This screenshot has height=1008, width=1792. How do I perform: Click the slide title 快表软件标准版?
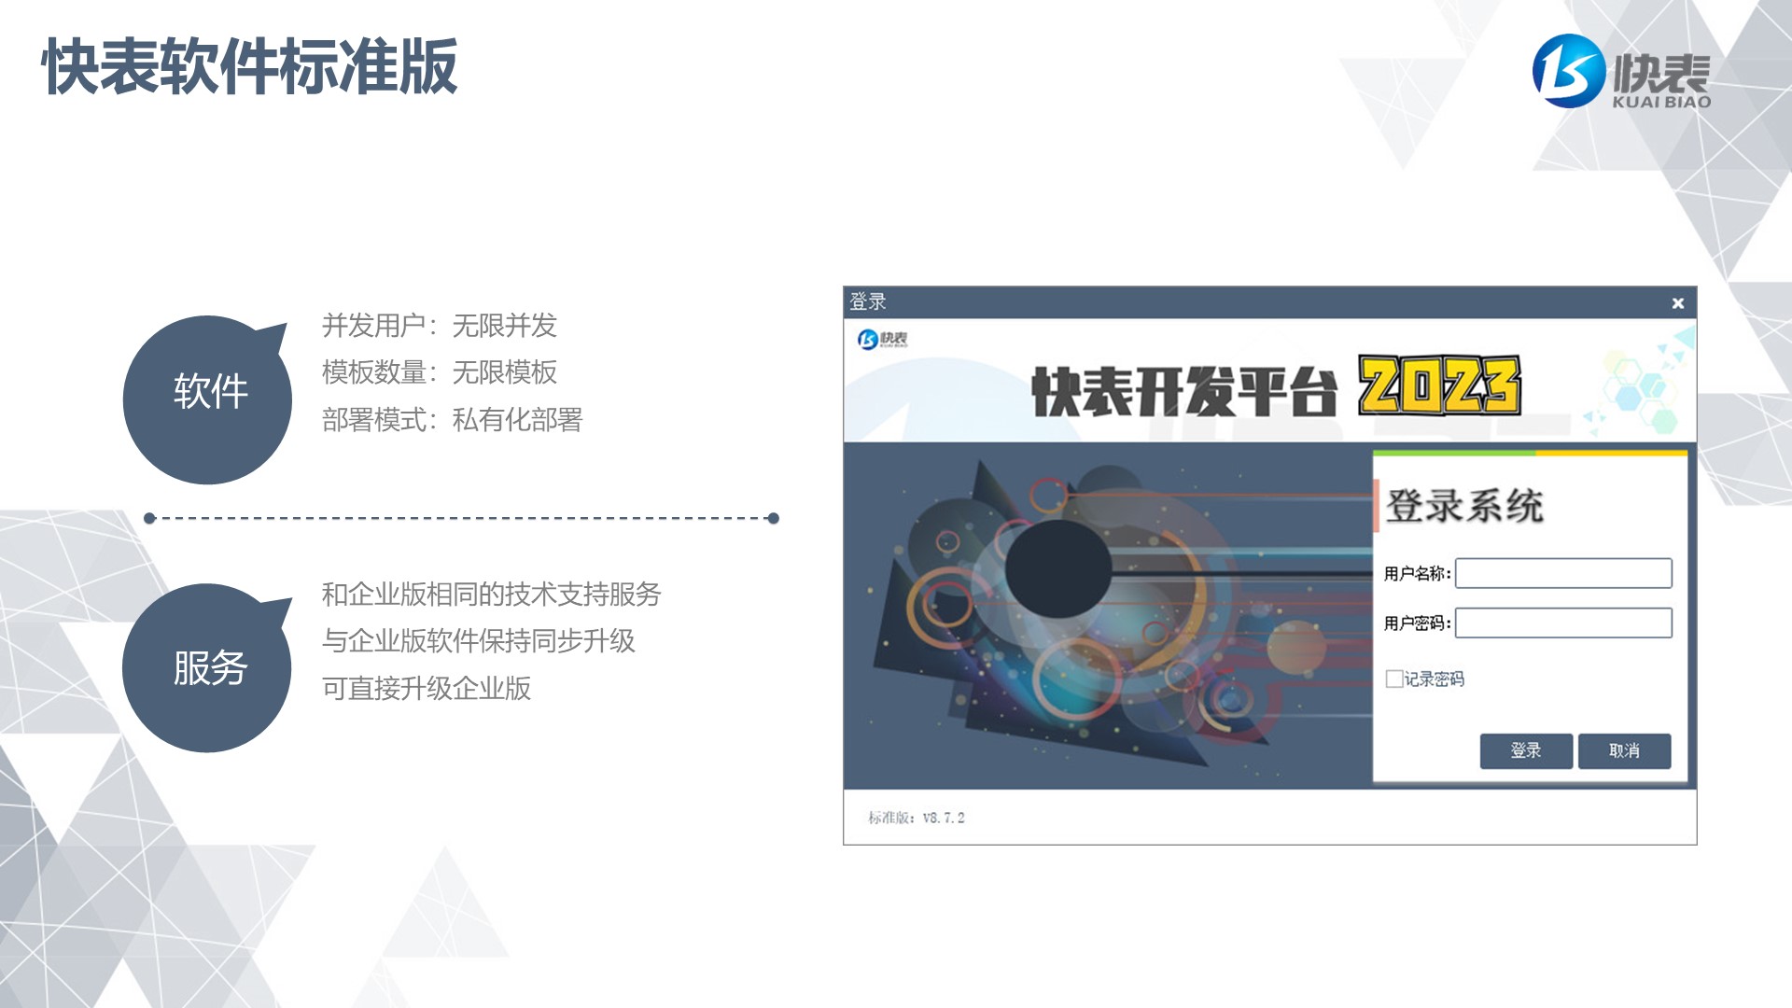[x=250, y=66]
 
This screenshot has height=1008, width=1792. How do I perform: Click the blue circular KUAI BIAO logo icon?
[x=1569, y=71]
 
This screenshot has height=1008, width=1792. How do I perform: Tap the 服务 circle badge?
[x=207, y=667]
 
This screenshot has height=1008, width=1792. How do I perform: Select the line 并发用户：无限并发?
[x=440, y=326]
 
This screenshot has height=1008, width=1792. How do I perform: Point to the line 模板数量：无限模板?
[x=440, y=372]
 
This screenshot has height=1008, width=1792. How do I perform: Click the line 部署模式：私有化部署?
[x=452, y=420]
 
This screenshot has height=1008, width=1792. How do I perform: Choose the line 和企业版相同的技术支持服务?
[x=491, y=595]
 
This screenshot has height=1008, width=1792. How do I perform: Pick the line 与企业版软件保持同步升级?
[x=478, y=641]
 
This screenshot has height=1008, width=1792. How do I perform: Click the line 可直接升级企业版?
[x=427, y=689]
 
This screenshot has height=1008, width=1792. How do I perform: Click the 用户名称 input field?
[x=1563, y=573]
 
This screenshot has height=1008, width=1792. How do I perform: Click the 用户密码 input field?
[x=1563, y=623]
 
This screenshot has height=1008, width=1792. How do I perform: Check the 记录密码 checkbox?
[x=1394, y=679]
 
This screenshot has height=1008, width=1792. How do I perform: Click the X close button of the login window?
[x=1677, y=303]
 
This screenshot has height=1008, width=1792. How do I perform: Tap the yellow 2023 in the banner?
[x=1439, y=385]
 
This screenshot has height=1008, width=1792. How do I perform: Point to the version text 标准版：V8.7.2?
[x=917, y=818]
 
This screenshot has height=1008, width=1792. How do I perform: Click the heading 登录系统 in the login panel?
[x=1463, y=506]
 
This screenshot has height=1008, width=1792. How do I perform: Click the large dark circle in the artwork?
[x=1058, y=568]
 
